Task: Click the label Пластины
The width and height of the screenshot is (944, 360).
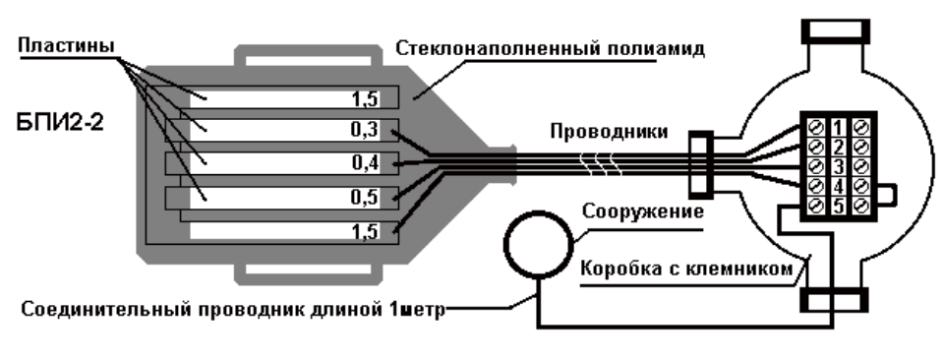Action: [x=66, y=46]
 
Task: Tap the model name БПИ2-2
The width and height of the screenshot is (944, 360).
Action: [x=60, y=122]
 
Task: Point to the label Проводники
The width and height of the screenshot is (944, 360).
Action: [x=610, y=132]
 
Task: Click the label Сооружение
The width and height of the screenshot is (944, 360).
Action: [x=643, y=211]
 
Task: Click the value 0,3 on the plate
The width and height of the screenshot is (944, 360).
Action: [x=366, y=130]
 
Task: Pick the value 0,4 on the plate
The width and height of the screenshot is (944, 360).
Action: [x=366, y=162]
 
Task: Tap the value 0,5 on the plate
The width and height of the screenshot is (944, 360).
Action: [x=366, y=197]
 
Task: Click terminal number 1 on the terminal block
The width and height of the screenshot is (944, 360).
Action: [x=838, y=128]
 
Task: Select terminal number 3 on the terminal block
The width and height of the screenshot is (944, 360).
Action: [x=838, y=167]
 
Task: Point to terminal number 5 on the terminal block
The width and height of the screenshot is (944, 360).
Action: [x=838, y=206]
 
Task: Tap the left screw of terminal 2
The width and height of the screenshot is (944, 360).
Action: [x=816, y=147]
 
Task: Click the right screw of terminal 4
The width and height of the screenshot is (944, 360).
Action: [x=861, y=186]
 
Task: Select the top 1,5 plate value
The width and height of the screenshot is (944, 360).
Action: [x=366, y=98]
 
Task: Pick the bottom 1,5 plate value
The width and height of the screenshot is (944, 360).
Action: [x=366, y=231]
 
